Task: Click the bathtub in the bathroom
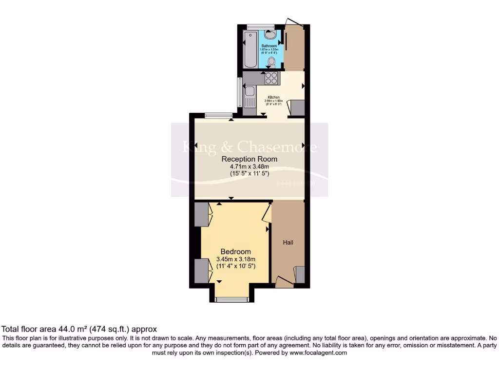(250, 49)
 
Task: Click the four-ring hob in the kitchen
(271, 78)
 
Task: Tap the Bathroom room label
(269, 46)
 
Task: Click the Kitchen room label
(273, 98)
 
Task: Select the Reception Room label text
(249, 159)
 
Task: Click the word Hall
(288, 242)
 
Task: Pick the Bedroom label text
(236, 251)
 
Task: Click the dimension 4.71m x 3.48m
(249, 167)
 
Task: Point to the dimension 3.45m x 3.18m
(236, 259)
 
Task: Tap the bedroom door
(267, 213)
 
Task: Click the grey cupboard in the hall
(300, 275)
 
